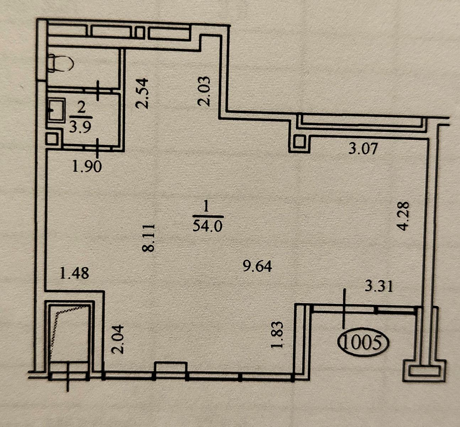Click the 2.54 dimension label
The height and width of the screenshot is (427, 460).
point(142,93)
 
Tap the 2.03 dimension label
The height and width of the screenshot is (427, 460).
point(204,91)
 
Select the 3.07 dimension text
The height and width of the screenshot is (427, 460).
point(363,148)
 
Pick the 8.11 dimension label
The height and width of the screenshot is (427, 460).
point(148,238)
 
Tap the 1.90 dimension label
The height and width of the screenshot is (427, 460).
point(87,167)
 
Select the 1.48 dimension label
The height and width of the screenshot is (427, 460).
point(74,273)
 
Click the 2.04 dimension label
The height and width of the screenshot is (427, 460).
point(118,339)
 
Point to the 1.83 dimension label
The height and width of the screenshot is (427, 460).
point(277,335)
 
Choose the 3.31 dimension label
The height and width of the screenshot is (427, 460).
point(379,286)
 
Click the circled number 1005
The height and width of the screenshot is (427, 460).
point(363,342)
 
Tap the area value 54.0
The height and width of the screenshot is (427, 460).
point(208,226)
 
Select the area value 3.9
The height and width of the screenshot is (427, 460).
point(80,127)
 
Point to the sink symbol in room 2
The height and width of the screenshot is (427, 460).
point(57,110)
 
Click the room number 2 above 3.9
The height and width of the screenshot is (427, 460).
point(81,108)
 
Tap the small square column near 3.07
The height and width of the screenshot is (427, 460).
point(299,142)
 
